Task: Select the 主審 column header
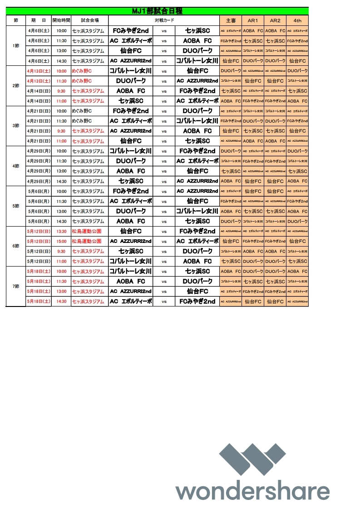(x=231, y=20)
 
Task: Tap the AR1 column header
(x=253, y=20)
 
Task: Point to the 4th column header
(x=297, y=20)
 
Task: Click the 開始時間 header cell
(x=61, y=20)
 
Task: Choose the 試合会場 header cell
(x=89, y=20)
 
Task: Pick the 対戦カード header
(x=164, y=20)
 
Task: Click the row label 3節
(x=16, y=126)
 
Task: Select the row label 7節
(x=16, y=287)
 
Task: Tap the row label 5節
(x=16, y=206)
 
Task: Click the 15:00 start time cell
(x=61, y=241)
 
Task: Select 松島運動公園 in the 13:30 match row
(x=87, y=231)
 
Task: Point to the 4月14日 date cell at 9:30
(x=39, y=91)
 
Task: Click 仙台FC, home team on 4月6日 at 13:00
(x=131, y=51)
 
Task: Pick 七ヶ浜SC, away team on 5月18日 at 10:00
(x=197, y=271)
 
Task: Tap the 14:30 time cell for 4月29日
(x=61, y=181)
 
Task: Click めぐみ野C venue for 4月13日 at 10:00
(x=82, y=71)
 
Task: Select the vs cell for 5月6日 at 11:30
(x=164, y=201)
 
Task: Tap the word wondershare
(x=253, y=492)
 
